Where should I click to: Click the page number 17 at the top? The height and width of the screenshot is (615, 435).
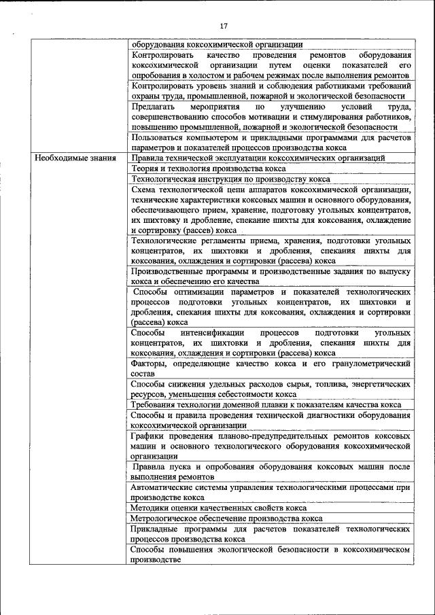pyautogui.click(x=223, y=25)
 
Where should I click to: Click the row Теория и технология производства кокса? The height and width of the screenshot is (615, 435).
pyautogui.click(x=209, y=168)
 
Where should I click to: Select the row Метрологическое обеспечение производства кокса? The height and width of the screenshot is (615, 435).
pyautogui.click(x=217, y=518)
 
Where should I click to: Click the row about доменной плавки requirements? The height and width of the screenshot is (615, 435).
pyautogui.click(x=266, y=404)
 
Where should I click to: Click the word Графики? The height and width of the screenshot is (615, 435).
pyautogui.click(x=148, y=436)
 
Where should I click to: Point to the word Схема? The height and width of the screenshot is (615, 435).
pyautogui.click(x=145, y=190)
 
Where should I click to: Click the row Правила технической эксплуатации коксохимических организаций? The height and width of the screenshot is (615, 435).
pyautogui.click(x=258, y=158)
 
